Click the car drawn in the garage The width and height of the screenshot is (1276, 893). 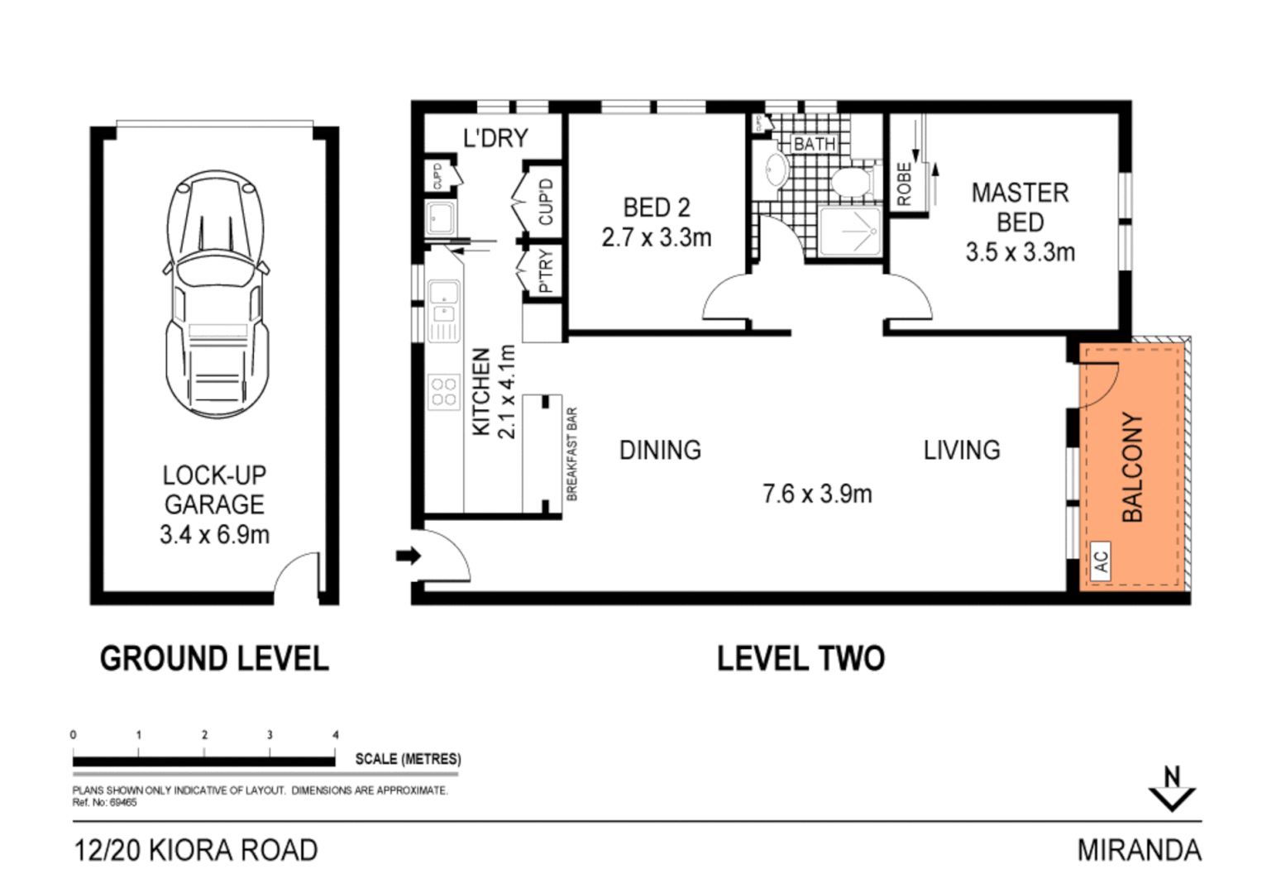point(215,294)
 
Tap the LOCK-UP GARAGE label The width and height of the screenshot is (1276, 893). point(214,489)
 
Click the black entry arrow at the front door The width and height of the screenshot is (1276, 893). point(408,556)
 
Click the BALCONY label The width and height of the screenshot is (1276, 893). point(1132,467)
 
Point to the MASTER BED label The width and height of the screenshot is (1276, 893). point(1020,208)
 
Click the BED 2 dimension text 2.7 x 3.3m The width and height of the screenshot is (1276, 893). point(656,238)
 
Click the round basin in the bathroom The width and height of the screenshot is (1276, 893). point(776,170)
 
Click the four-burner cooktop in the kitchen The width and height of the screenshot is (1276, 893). point(443,391)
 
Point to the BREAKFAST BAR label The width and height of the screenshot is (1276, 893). point(572,454)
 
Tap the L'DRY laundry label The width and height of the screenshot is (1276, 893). point(495,138)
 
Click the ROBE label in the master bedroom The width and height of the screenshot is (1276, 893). point(904,184)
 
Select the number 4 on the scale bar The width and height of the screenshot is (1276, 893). point(335,734)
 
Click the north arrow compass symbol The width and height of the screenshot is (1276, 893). point(1172,790)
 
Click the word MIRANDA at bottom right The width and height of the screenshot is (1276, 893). point(1139,850)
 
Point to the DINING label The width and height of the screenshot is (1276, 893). point(660,450)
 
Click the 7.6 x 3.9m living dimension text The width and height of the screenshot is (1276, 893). point(817,494)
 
